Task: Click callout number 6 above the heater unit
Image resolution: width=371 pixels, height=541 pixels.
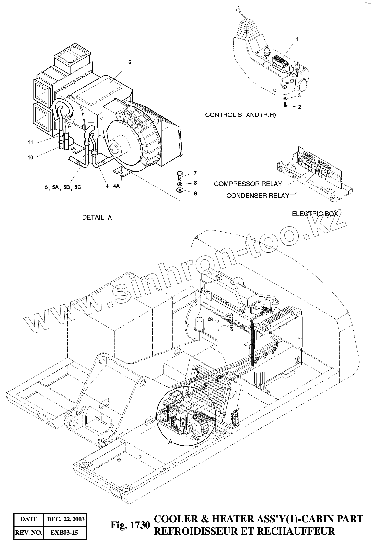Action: [x=130, y=63]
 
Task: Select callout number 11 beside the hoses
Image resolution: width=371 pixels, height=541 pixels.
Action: [x=30, y=142]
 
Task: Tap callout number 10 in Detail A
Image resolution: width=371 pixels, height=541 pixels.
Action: [x=30, y=158]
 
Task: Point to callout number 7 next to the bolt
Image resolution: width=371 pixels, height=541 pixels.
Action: [x=195, y=173]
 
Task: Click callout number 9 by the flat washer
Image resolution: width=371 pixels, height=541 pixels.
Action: [x=195, y=193]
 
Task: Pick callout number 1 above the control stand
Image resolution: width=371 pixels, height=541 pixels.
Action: [x=297, y=39]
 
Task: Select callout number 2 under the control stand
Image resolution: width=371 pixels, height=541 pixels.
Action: [x=299, y=107]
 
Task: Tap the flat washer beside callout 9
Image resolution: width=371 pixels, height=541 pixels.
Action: [x=180, y=190]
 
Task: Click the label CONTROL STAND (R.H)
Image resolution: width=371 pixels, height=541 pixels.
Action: [x=240, y=115]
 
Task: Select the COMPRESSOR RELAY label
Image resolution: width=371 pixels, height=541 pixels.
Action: [x=248, y=184]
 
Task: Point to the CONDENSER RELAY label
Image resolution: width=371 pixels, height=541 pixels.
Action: [x=258, y=195]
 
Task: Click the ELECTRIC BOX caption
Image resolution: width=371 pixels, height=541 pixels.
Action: [x=315, y=214]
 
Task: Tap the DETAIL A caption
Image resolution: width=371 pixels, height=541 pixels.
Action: [x=97, y=217]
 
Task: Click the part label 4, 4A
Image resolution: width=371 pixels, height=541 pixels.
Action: [x=112, y=186]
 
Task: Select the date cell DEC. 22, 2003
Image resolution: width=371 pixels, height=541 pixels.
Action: [x=66, y=519]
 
